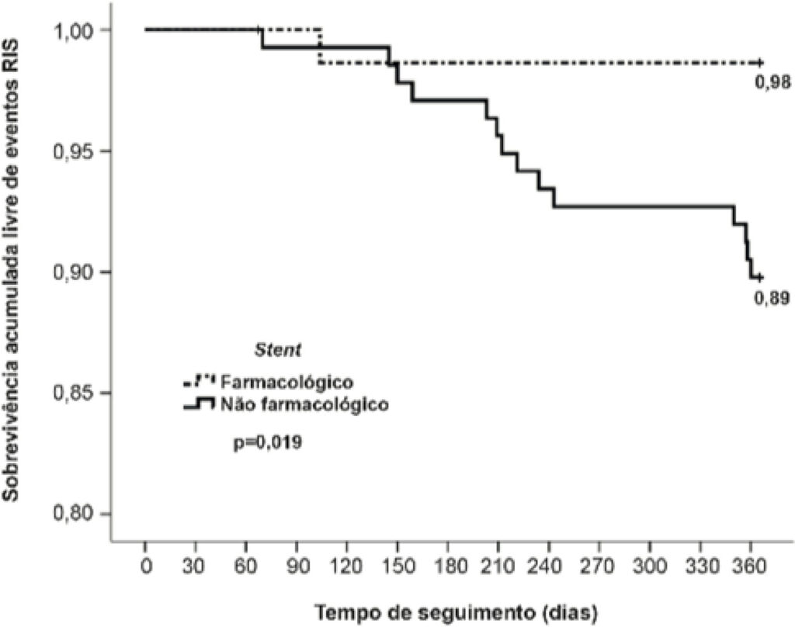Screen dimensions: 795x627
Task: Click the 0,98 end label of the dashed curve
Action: pyautogui.click(x=772, y=82)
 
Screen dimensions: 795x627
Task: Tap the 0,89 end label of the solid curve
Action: pyautogui.click(x=772, y=299)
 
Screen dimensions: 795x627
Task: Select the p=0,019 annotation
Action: pyautogui.click(x=268, y=443)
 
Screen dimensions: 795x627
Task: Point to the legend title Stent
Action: pyautogui.click(x=278, y=350)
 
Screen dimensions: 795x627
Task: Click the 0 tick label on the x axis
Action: pyautogui.click(x=146, y=566)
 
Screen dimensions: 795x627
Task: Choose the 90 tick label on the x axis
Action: pyautogui.click(x=297, y=566)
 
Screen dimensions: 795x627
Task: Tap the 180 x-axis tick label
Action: pyautogui.click(x=448, y=566)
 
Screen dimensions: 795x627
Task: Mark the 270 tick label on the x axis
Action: pyautogui.click(x=599, y=566)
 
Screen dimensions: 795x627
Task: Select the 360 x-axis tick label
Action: pyautogui.click(x=751, y=566)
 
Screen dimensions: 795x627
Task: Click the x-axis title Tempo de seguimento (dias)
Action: pyautogui.click(x=457, y=612)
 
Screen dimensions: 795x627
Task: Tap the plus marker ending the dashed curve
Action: pyautogui.click(x=759, y=62)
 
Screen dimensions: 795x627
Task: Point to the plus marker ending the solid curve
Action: pyautogui.click(x=759, y=277)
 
